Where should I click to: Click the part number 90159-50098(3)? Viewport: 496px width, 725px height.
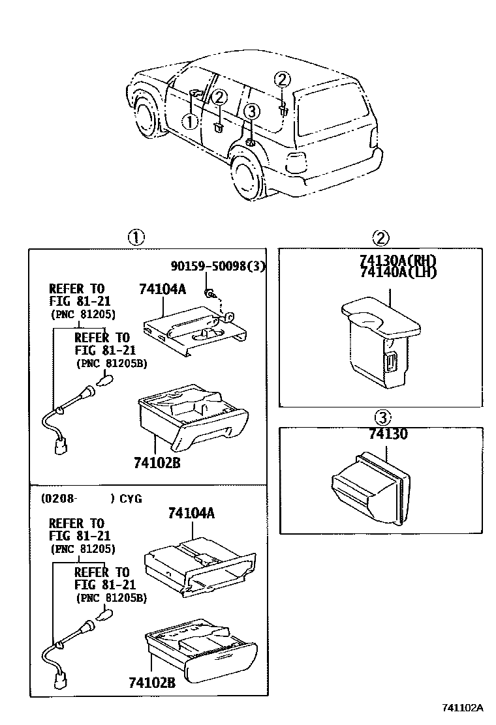click(x=218, y=267)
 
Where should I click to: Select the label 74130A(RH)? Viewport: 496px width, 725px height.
click(x=397, y=261)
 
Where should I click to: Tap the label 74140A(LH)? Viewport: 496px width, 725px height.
click(x=397, y=273)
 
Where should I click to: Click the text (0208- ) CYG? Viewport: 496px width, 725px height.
click(x=91, y=499)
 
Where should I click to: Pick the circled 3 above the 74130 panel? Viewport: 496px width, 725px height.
click(x=382, y=417)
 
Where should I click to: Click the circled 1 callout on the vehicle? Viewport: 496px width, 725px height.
click(x=189, y=121)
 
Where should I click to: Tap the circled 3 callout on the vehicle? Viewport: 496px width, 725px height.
click(x=252, y=111)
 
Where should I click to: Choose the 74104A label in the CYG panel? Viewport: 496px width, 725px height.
click(x=191, y=513)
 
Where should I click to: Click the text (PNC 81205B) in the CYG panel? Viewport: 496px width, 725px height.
click(x=111, y=597)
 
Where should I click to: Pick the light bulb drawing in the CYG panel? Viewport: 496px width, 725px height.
click(x=104, y=615)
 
